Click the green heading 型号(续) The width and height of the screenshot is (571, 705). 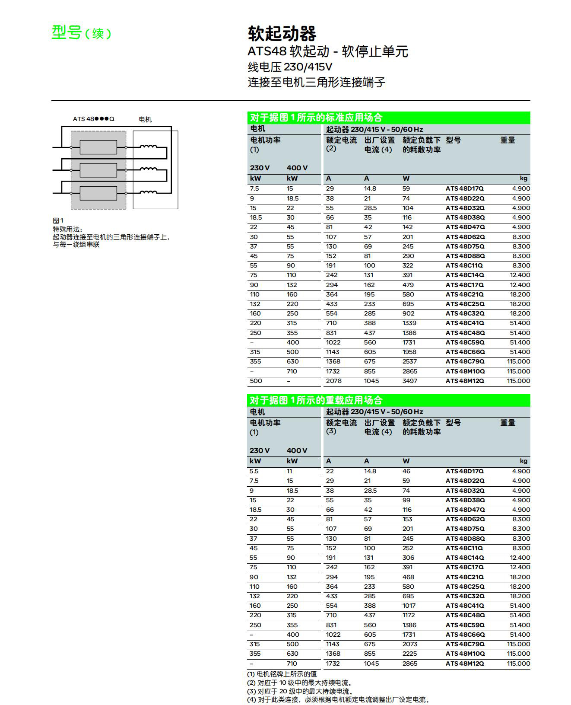(81, 32)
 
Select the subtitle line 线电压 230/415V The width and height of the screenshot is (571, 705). (290, 67)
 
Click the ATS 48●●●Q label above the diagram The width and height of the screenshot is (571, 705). (93, 119)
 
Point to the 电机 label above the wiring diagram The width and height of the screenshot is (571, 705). (145, 119)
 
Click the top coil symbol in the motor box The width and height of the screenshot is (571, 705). (148, 147)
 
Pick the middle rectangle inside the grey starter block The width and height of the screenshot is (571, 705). (98, 170)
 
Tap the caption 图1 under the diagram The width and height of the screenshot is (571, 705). (58, 220)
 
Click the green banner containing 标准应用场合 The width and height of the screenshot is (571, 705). (388, 118)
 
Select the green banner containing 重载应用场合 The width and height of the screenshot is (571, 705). (388, 400)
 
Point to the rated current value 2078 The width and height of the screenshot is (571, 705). (333, 381)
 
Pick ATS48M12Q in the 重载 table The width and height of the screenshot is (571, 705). (465, 664)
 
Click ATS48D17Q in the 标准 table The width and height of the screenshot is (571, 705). (465, 188)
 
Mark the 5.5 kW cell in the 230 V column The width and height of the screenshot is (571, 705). (254, 471)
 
